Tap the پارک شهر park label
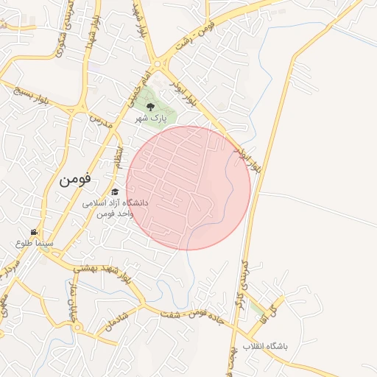click(150, 117)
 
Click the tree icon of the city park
click(151, 106)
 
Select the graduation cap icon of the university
click(114, 191)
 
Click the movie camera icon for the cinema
click(33, 231)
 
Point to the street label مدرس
click(100, 121)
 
